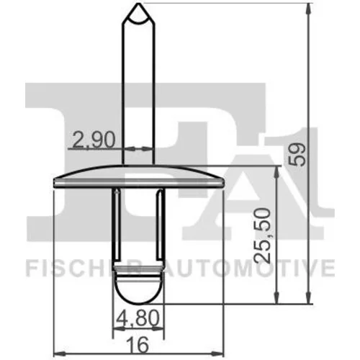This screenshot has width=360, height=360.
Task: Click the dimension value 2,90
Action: point(94,140)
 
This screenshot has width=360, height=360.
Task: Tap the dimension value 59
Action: point(297,154)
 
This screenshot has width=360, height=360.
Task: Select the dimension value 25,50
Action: point(263,235)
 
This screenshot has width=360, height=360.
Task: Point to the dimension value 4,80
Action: point(138,318)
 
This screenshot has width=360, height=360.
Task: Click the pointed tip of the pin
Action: point(139,4)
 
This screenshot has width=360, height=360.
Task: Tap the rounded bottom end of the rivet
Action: point(138,303)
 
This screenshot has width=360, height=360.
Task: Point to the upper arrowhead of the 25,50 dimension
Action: point(277,172)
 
